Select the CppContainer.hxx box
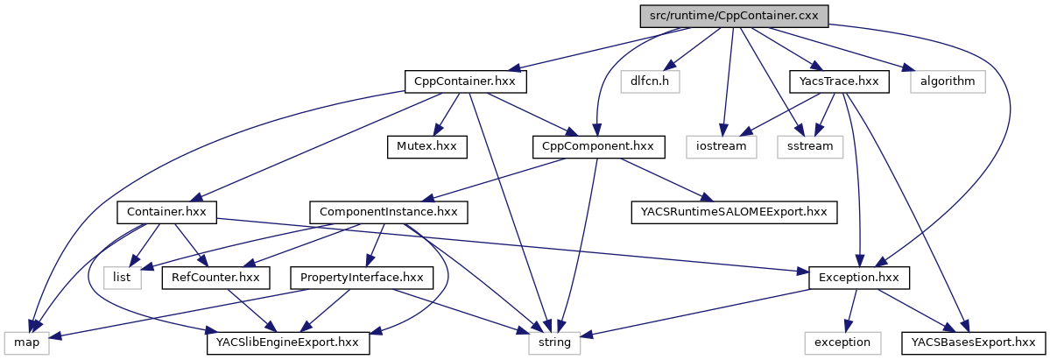click(x=465, y=81)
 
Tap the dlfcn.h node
click(x=650, y=81)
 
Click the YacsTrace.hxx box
click(x=839, y=81)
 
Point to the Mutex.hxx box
click(x=423, y=146)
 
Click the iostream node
click(x=722, y=146)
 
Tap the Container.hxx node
click(x=166, y=212)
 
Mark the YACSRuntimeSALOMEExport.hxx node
click(x=734, y=212)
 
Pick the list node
click(x=122, y=278)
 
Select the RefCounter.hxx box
click(x=215, y=278)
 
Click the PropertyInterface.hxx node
click(x=362, y=278)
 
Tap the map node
click(x=27, y=342)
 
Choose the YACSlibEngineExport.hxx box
click(x=288, y=342)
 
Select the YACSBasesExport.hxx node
click(x=973, y=342)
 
